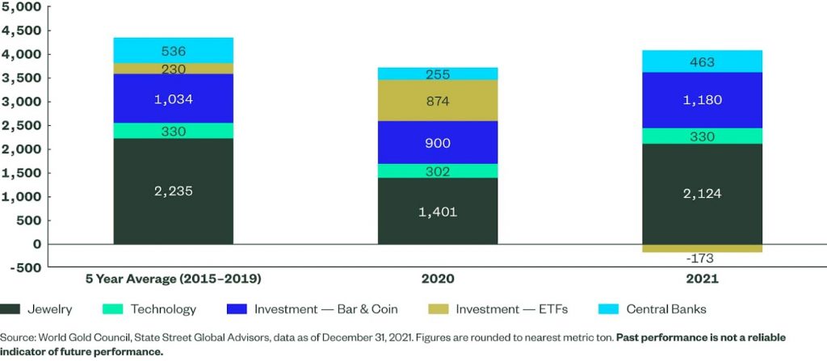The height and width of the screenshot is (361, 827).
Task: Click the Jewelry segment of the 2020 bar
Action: pyautogui.click(x=438, y=211)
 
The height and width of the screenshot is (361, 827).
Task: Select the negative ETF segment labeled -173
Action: pyautogui.click(x=702, y=249)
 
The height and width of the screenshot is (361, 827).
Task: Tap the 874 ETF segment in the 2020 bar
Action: pyautogui.click(x=438, y=101)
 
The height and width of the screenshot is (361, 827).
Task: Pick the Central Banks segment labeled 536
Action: pyautogui.click(x=174, y=51)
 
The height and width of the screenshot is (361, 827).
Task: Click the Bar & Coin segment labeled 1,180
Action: pyautogui.click(x=702, y=100)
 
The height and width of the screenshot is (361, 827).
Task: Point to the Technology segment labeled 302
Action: pyautogui.click(x=438, y=171)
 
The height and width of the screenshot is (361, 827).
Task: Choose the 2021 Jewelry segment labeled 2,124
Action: pyautogui.click(x=702, y=194)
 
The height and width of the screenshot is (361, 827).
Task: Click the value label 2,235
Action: pyautogui.click(x=174, y=191)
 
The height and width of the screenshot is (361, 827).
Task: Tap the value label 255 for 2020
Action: pyautogui.click(x=438, y=74)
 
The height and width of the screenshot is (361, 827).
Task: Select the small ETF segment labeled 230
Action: pyautogui.click(x=174, y=69)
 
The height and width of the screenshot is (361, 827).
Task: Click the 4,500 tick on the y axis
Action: pyautogui.click(x=22, y=31)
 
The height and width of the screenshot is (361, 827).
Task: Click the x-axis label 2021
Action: pyautogui.click(x=702, y=279)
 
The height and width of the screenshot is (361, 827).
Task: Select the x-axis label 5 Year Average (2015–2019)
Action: pyautogui.click(x=174, y=279)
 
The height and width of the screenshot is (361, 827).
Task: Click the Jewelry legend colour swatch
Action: pyautogui.click(x=10, y=309)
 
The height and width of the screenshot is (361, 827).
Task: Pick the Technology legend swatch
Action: pyautogui.click(x=111, y=309)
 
